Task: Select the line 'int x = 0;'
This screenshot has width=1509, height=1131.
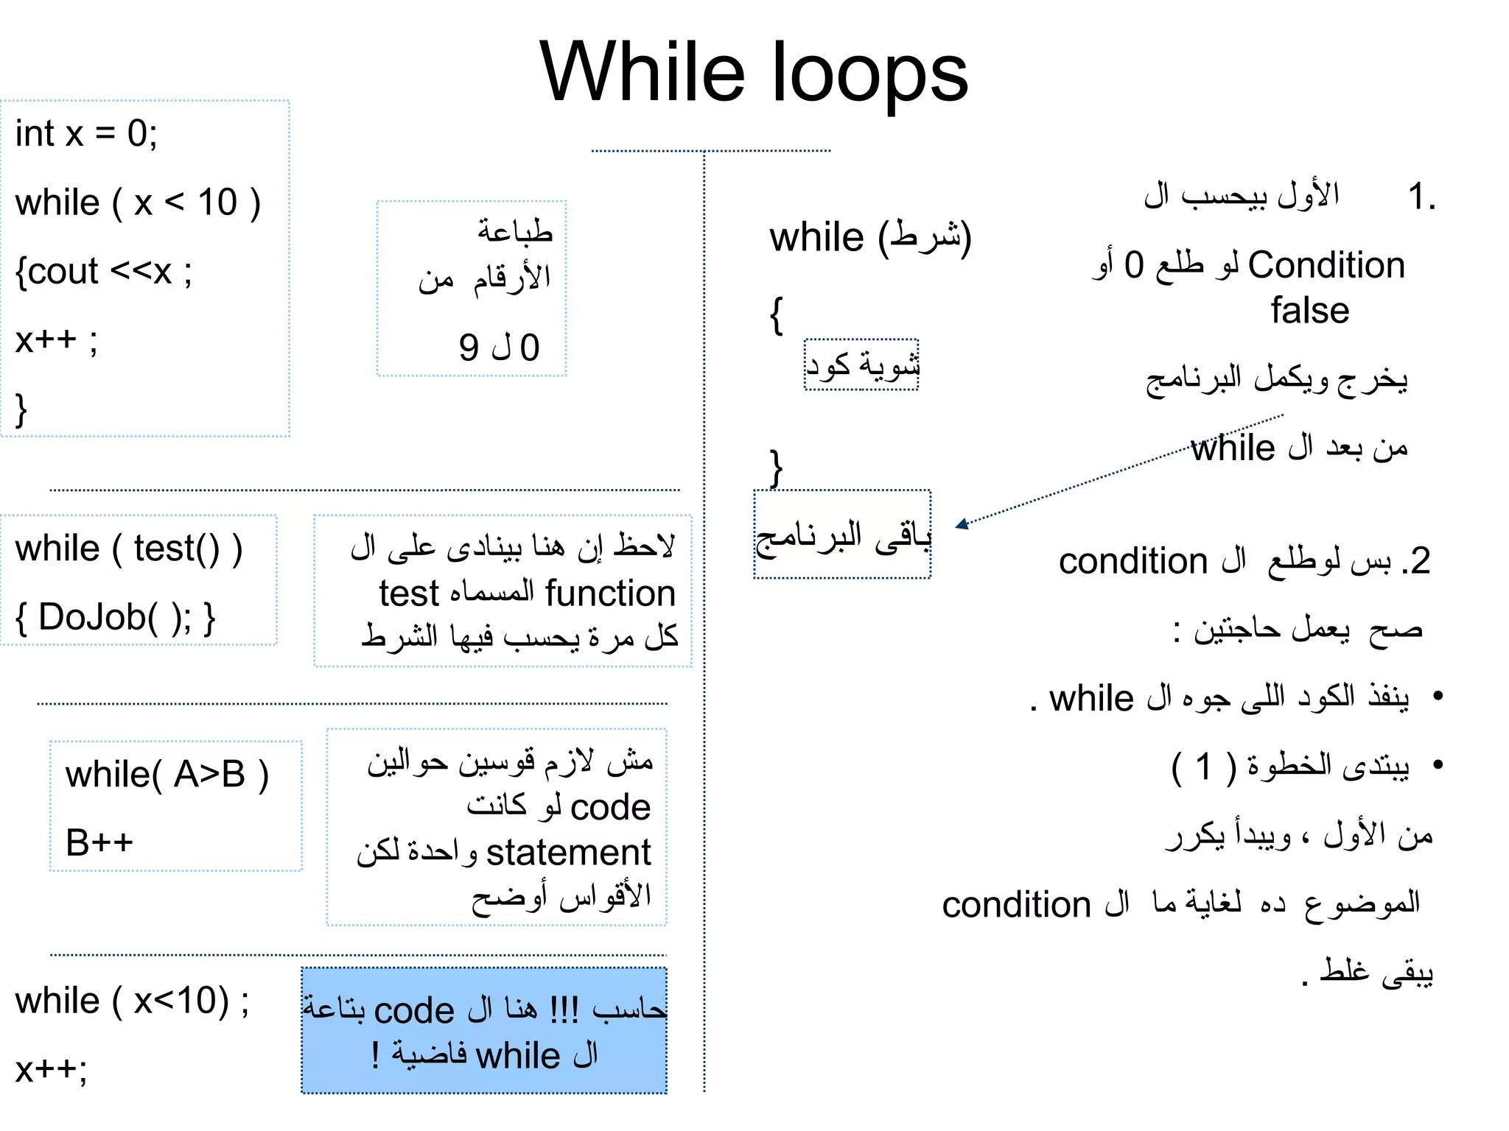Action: tap(86, 134)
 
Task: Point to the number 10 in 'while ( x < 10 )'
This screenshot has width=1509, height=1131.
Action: tap(217, 202)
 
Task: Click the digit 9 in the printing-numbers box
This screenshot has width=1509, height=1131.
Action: tap(469, 348)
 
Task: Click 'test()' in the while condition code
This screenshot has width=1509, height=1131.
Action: tap(177, 549)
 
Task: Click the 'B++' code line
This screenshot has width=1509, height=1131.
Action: tap(99, 842)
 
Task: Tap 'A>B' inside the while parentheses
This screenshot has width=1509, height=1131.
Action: tap(209, 775)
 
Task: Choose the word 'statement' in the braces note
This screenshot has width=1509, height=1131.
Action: tap(568, 853)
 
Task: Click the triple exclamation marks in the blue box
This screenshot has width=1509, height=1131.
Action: tap(564, 1010)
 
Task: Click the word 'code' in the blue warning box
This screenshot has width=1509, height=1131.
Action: tap(413, 1011)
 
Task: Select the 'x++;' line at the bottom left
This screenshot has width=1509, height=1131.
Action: tap(51, 1069)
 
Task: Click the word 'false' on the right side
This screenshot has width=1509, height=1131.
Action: tap(1309, 311)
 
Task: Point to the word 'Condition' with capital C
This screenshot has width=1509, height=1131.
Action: tap(1326, 265)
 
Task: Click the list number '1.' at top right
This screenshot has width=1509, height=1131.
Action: tap(1421, 197)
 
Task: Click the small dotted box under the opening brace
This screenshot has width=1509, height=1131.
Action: tap(861, 364)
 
